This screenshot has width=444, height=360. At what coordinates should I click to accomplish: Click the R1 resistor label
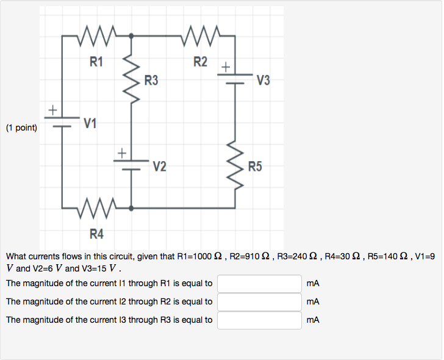[96, 62]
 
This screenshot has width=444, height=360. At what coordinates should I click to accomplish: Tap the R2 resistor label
[200, 62]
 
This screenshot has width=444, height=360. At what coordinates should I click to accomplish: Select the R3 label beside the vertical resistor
[151, 80]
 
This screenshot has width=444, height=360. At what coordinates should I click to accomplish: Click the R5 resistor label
[254, 166]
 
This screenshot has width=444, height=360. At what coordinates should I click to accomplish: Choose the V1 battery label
[90, 124]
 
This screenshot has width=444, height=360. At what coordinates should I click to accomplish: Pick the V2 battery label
[159, 166]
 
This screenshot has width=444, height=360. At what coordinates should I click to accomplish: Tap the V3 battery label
[263, 80]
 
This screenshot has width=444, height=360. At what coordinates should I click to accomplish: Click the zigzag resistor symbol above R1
[96, 37]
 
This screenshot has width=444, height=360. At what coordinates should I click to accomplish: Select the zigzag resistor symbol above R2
[200, 37]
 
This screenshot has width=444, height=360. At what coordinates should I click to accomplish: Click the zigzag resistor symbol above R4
[96, 208]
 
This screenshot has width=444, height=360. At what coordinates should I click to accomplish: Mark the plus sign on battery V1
[53, 110]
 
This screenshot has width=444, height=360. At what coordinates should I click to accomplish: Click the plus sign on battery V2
[122, 151]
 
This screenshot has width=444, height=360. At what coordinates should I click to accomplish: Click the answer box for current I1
[259, 284]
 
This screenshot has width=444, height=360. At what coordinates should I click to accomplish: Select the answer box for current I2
[259, 302]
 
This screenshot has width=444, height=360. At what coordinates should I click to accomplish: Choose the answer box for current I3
[259, 320]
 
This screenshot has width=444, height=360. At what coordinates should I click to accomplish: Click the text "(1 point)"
[21, 128]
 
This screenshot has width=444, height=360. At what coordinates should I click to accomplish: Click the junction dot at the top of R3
[131, 37]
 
